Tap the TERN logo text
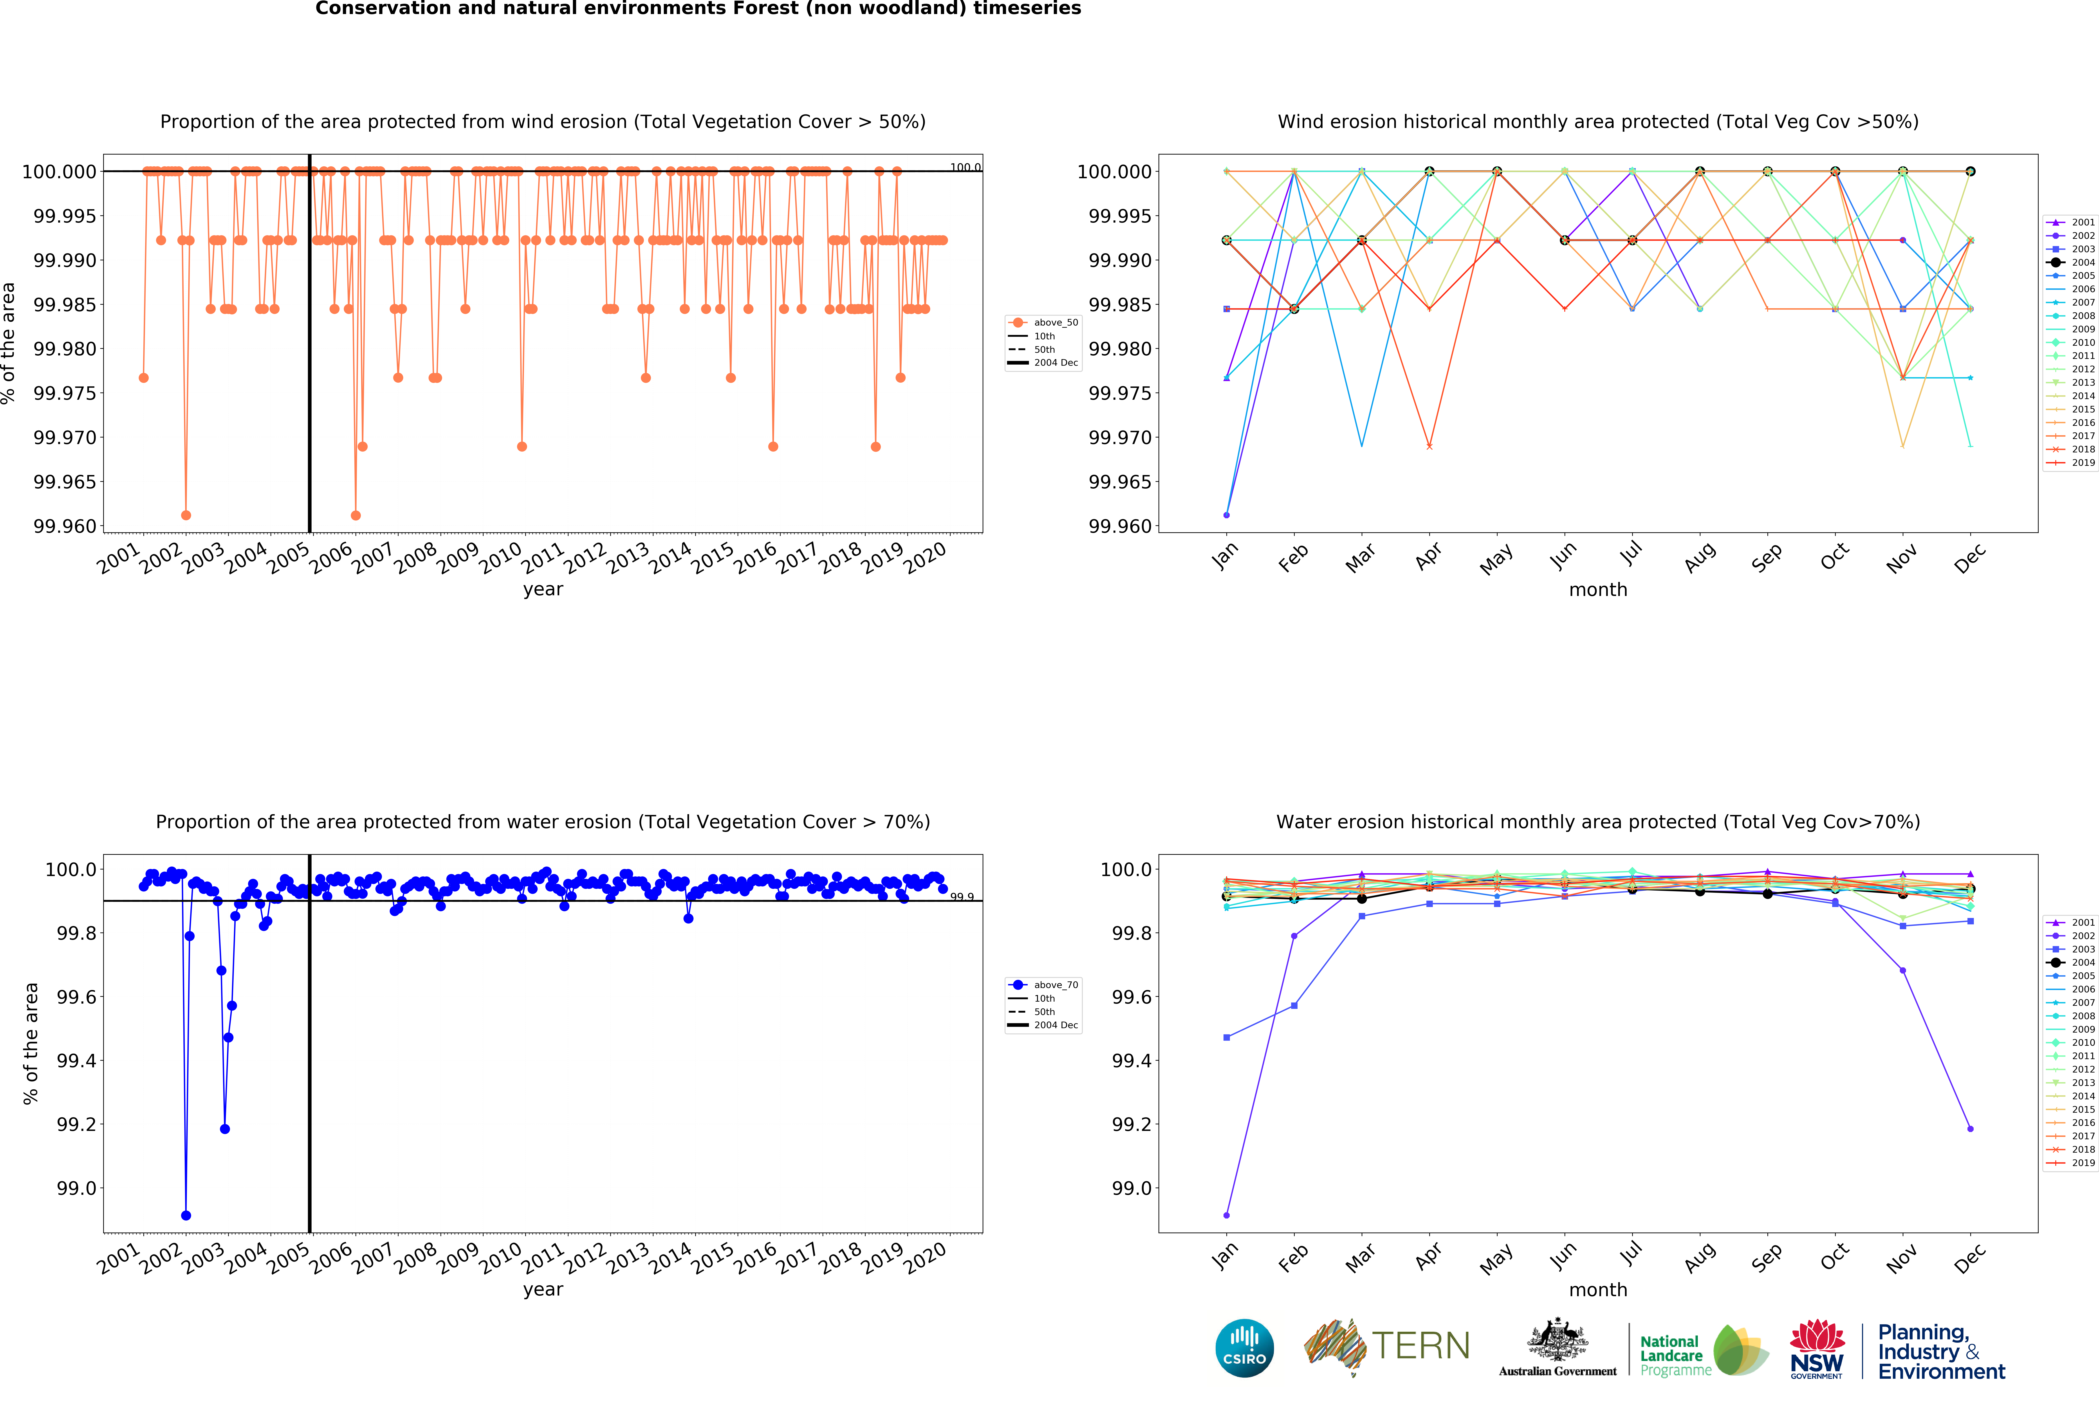(x=1420, y=1346)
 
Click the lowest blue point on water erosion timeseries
(x=186, y=1215)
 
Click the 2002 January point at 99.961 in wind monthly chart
(x=1226, y=515)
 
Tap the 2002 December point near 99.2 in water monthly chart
(x=1970, y=1128)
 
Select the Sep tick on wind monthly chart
(x=1766, y=556)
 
